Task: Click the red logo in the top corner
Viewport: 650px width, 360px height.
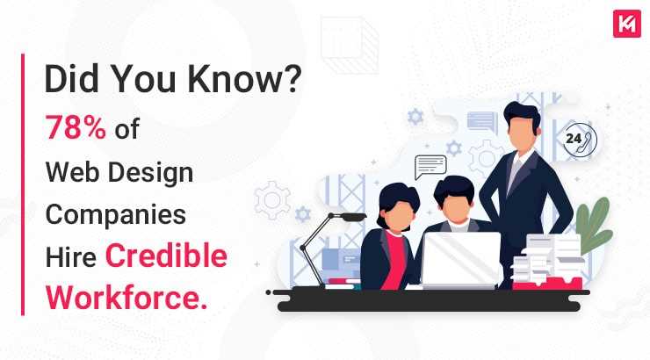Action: (x=626, y=23)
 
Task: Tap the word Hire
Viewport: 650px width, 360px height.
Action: (x=70, y=256)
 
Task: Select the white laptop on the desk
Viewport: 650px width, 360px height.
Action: (x=459, y=259)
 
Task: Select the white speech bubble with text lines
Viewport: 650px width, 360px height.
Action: (x=430, y=165)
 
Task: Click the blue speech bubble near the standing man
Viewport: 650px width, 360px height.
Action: (x=481, y=122)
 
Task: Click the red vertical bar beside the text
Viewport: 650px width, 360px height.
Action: (x=23, y=184)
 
